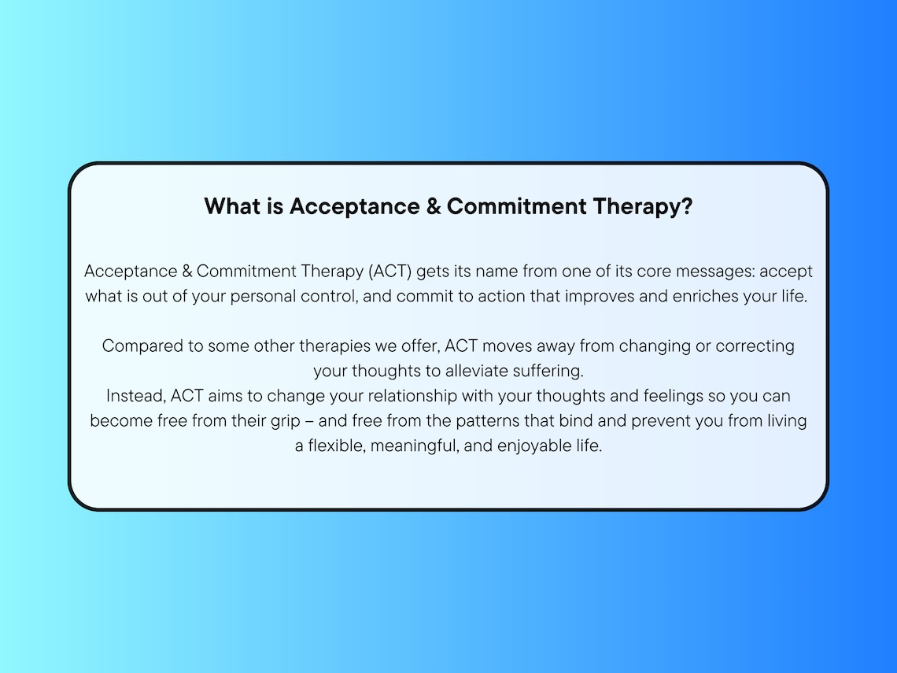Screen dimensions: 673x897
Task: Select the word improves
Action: pos(598,297)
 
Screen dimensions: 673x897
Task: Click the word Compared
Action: pos(138,346)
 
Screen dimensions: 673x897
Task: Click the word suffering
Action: pos(549,371)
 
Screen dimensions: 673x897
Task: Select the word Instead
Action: pos(136,396)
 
